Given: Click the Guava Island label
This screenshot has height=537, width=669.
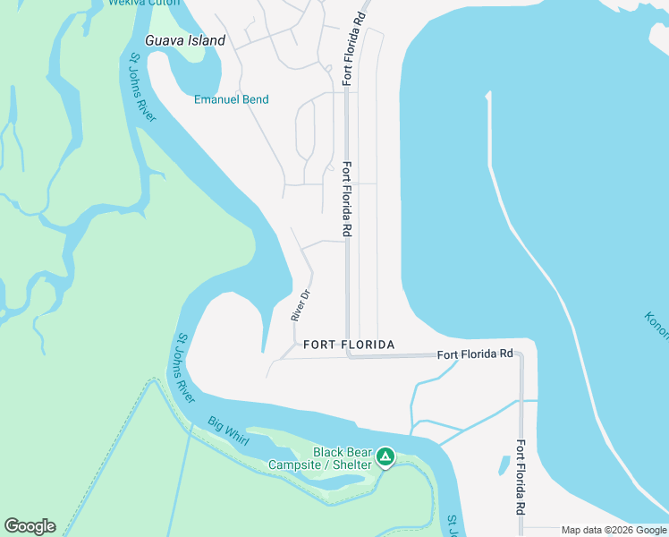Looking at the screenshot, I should tap(185, 41).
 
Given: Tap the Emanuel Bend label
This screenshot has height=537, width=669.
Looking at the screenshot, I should tap(231, 99).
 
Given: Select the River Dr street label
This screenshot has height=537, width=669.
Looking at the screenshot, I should tap(300, 306).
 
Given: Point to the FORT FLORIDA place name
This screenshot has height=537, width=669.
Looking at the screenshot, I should tap(349, 345).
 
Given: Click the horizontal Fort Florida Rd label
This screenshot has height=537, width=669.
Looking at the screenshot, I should tap(475, 354).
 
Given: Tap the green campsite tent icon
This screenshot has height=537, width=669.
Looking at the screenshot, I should tap(385, 458).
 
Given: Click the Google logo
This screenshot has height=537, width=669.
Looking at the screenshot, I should tap(30, 526).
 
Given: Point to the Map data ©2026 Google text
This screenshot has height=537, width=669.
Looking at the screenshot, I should tap(614, 531).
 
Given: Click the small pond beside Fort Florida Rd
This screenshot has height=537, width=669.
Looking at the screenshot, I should tap(504, 465).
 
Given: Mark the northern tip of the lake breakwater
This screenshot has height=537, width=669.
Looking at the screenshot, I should tap(488, 93).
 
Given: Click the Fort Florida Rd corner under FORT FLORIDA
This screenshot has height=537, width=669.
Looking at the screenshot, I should tap(348, 355).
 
